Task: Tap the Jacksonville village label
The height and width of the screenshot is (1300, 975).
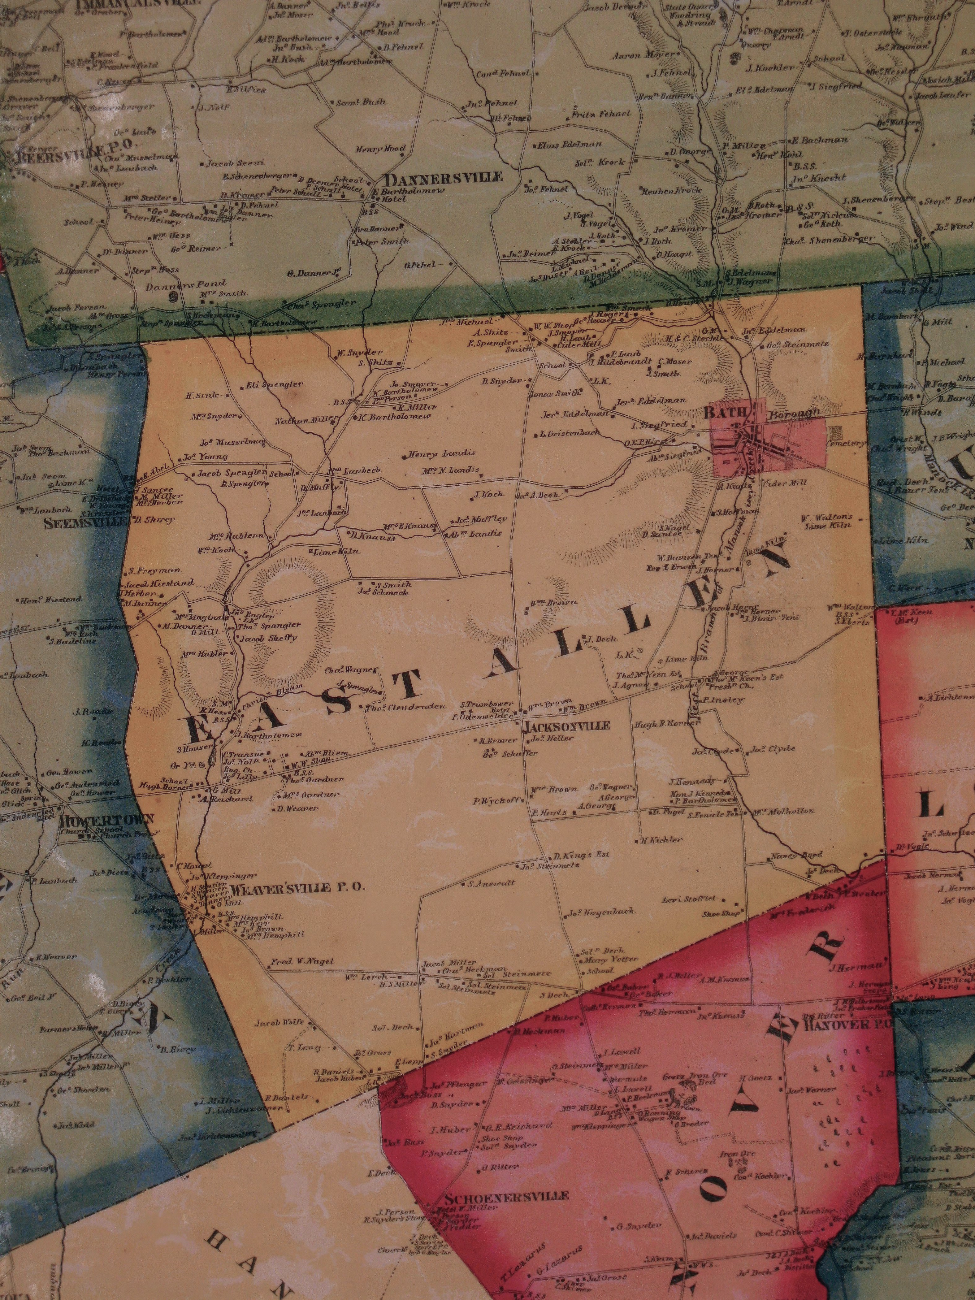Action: [566, 726]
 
